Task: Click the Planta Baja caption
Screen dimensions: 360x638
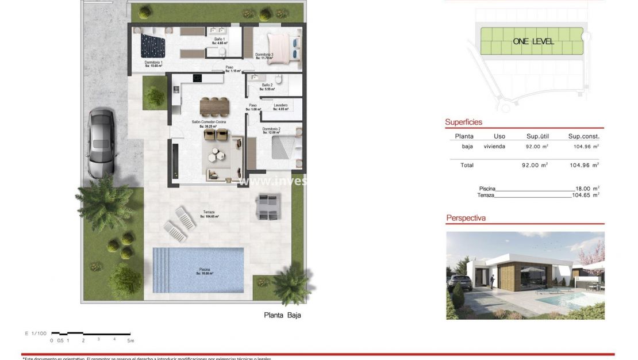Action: tap(282, 315)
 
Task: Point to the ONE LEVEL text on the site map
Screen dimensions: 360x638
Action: tap(533, 41)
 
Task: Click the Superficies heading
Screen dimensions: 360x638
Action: tap(463, 122)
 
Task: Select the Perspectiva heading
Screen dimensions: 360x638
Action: tap(466, 219)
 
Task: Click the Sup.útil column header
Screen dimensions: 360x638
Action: tap(537, 137)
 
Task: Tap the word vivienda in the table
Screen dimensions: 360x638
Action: tap(494, 147)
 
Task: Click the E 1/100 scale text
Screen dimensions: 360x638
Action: tap(35, 333)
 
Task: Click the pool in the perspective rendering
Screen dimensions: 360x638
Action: tap(560, 300)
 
